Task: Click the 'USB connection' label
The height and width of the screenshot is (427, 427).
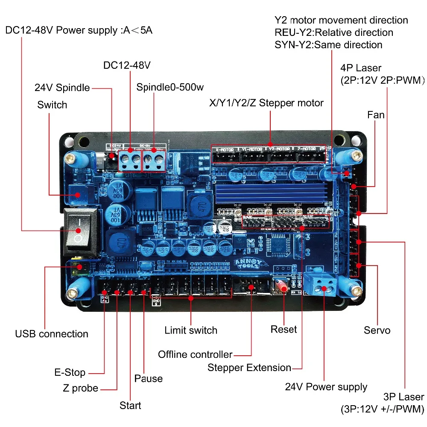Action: pyautogui.click(x=52, y=334)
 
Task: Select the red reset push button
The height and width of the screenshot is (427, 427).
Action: pyautogui.click(x=282, y=287)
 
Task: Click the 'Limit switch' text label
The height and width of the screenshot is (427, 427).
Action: pyautogui.click(x=191, y=330)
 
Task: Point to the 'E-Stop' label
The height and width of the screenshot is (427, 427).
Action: pyautogui.click(x=70, y=372)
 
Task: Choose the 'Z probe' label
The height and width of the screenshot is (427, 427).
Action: pyautogui.click(x=80, y=389)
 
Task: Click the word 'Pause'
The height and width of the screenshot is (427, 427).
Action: pyautogui.click(x=148, y=378)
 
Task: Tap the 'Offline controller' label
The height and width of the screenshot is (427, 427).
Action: pyautogui.click(x=195, y=354)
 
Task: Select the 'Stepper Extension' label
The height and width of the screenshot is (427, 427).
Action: pyautogui.click(x=249, y=368)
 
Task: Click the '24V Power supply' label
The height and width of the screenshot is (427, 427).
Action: pyautogui.click(x=326, y=387)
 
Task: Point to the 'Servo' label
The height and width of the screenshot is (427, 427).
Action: pyautogui.click(x=377, y=330)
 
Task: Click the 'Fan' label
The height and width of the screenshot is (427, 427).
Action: pyautogui.click(x=376, y=115)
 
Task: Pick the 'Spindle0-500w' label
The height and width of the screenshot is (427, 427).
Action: pyautogui.click(x=170, y=88)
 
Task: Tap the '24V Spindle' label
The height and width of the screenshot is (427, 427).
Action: pyautogui.click(x=62, y=88)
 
